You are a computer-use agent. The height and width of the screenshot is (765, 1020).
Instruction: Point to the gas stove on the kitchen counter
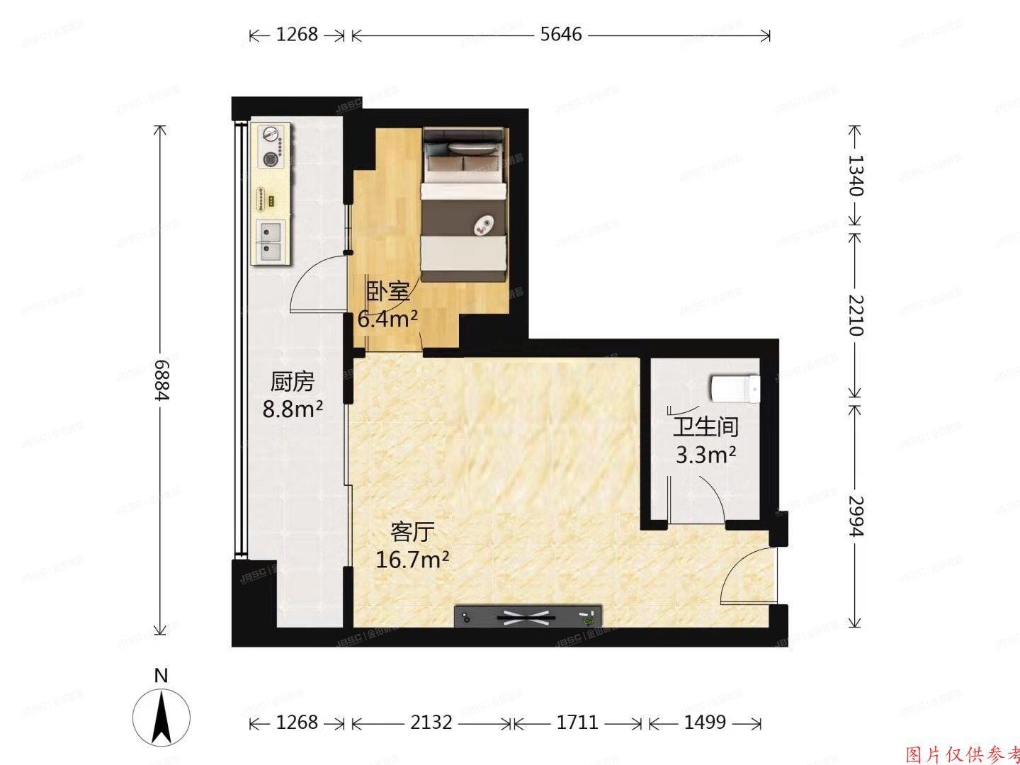pos(271,147)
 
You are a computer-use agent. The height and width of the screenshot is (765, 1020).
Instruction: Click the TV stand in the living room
pos(528,616)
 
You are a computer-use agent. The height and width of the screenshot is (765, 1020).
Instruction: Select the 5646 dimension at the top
pos(560,34)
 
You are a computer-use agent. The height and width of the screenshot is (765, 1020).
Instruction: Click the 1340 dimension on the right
pos(855,175)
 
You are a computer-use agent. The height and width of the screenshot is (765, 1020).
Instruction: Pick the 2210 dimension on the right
pos(855,315)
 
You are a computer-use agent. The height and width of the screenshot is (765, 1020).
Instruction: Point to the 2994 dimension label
pos(855,516)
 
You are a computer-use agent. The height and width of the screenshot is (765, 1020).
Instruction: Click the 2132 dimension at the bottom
pos(431,722)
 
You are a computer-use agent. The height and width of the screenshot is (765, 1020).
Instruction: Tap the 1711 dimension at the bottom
pos(577,722)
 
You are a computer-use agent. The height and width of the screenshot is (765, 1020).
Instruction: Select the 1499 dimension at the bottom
pos(705,722)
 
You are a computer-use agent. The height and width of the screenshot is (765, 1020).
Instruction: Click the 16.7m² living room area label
pos(412,560)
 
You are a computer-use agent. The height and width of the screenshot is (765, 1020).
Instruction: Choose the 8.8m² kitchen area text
pos(293,409)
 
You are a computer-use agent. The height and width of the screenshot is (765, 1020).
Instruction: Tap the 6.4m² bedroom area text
pos(387,319)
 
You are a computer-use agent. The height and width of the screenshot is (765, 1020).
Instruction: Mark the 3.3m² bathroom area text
pos(705,454)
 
